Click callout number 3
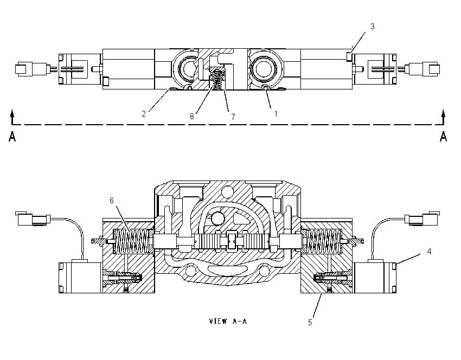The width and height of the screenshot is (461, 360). point(372,27)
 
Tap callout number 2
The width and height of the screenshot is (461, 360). point(144,114)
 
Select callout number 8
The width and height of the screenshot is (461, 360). point(191,117)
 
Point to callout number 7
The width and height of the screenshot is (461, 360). point(233,117)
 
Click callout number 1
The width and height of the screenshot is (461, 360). point(276,114)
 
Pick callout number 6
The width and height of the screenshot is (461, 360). point(111,201)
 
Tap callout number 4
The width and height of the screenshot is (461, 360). point(429,252)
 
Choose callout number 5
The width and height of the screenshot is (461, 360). point(310,323)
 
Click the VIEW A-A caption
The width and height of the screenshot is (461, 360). point(228,321)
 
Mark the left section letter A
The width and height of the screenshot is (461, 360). point(12,137)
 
